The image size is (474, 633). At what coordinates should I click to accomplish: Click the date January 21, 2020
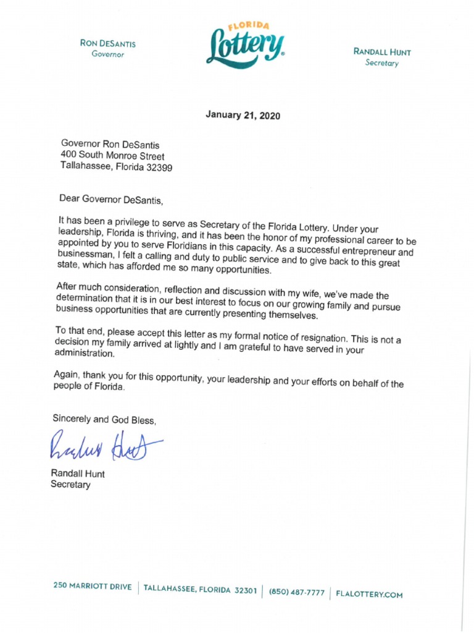coord(243,115)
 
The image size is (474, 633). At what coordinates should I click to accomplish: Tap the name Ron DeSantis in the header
coord(108,43)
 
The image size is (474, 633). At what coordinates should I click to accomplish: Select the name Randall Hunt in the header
coord(382,52)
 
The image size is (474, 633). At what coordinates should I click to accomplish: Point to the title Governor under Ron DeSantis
coord(108,54)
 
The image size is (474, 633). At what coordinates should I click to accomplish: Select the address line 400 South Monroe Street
coord(112,156)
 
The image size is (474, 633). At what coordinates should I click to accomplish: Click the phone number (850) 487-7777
coord(296,592)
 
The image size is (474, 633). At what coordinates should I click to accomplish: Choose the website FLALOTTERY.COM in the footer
coord(370,595)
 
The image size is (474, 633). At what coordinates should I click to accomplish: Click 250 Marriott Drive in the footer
coord(92,587)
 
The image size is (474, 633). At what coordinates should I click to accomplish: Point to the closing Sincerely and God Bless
coord(104,418)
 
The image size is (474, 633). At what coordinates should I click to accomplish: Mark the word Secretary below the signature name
coord(70,485)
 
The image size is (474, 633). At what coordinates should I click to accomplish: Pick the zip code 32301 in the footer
coord(245,590)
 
